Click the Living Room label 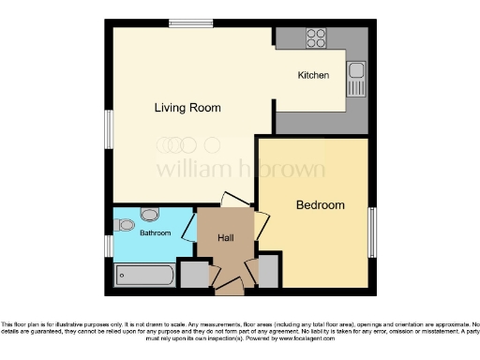pyautogui.click(x=187, y=108)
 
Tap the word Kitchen pyautogui.click(x=313, y=75)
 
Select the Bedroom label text pyautogui.click(x=321, y=204)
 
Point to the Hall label pyautogui.click(x=226, y=238)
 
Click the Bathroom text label pyautogui.click(x=156, y=232)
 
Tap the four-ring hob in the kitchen pyautogui.click(x=316, y=38)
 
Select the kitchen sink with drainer pyautogui.click(x=356, y=77)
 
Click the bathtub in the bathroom pyautogui.click(x=143, y=276)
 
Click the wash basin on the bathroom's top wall pyautogui.click(x=148, y=213)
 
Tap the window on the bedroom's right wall pyautogui.click(x=370, y=230)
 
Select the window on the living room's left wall pyautogui.click(x=108, y=132)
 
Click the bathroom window pyautogui.click(x=108, y=246)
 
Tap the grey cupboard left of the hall pyautogui.click(x=194, y=276)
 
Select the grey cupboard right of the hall pyautogui.click(x=267, y=272)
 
